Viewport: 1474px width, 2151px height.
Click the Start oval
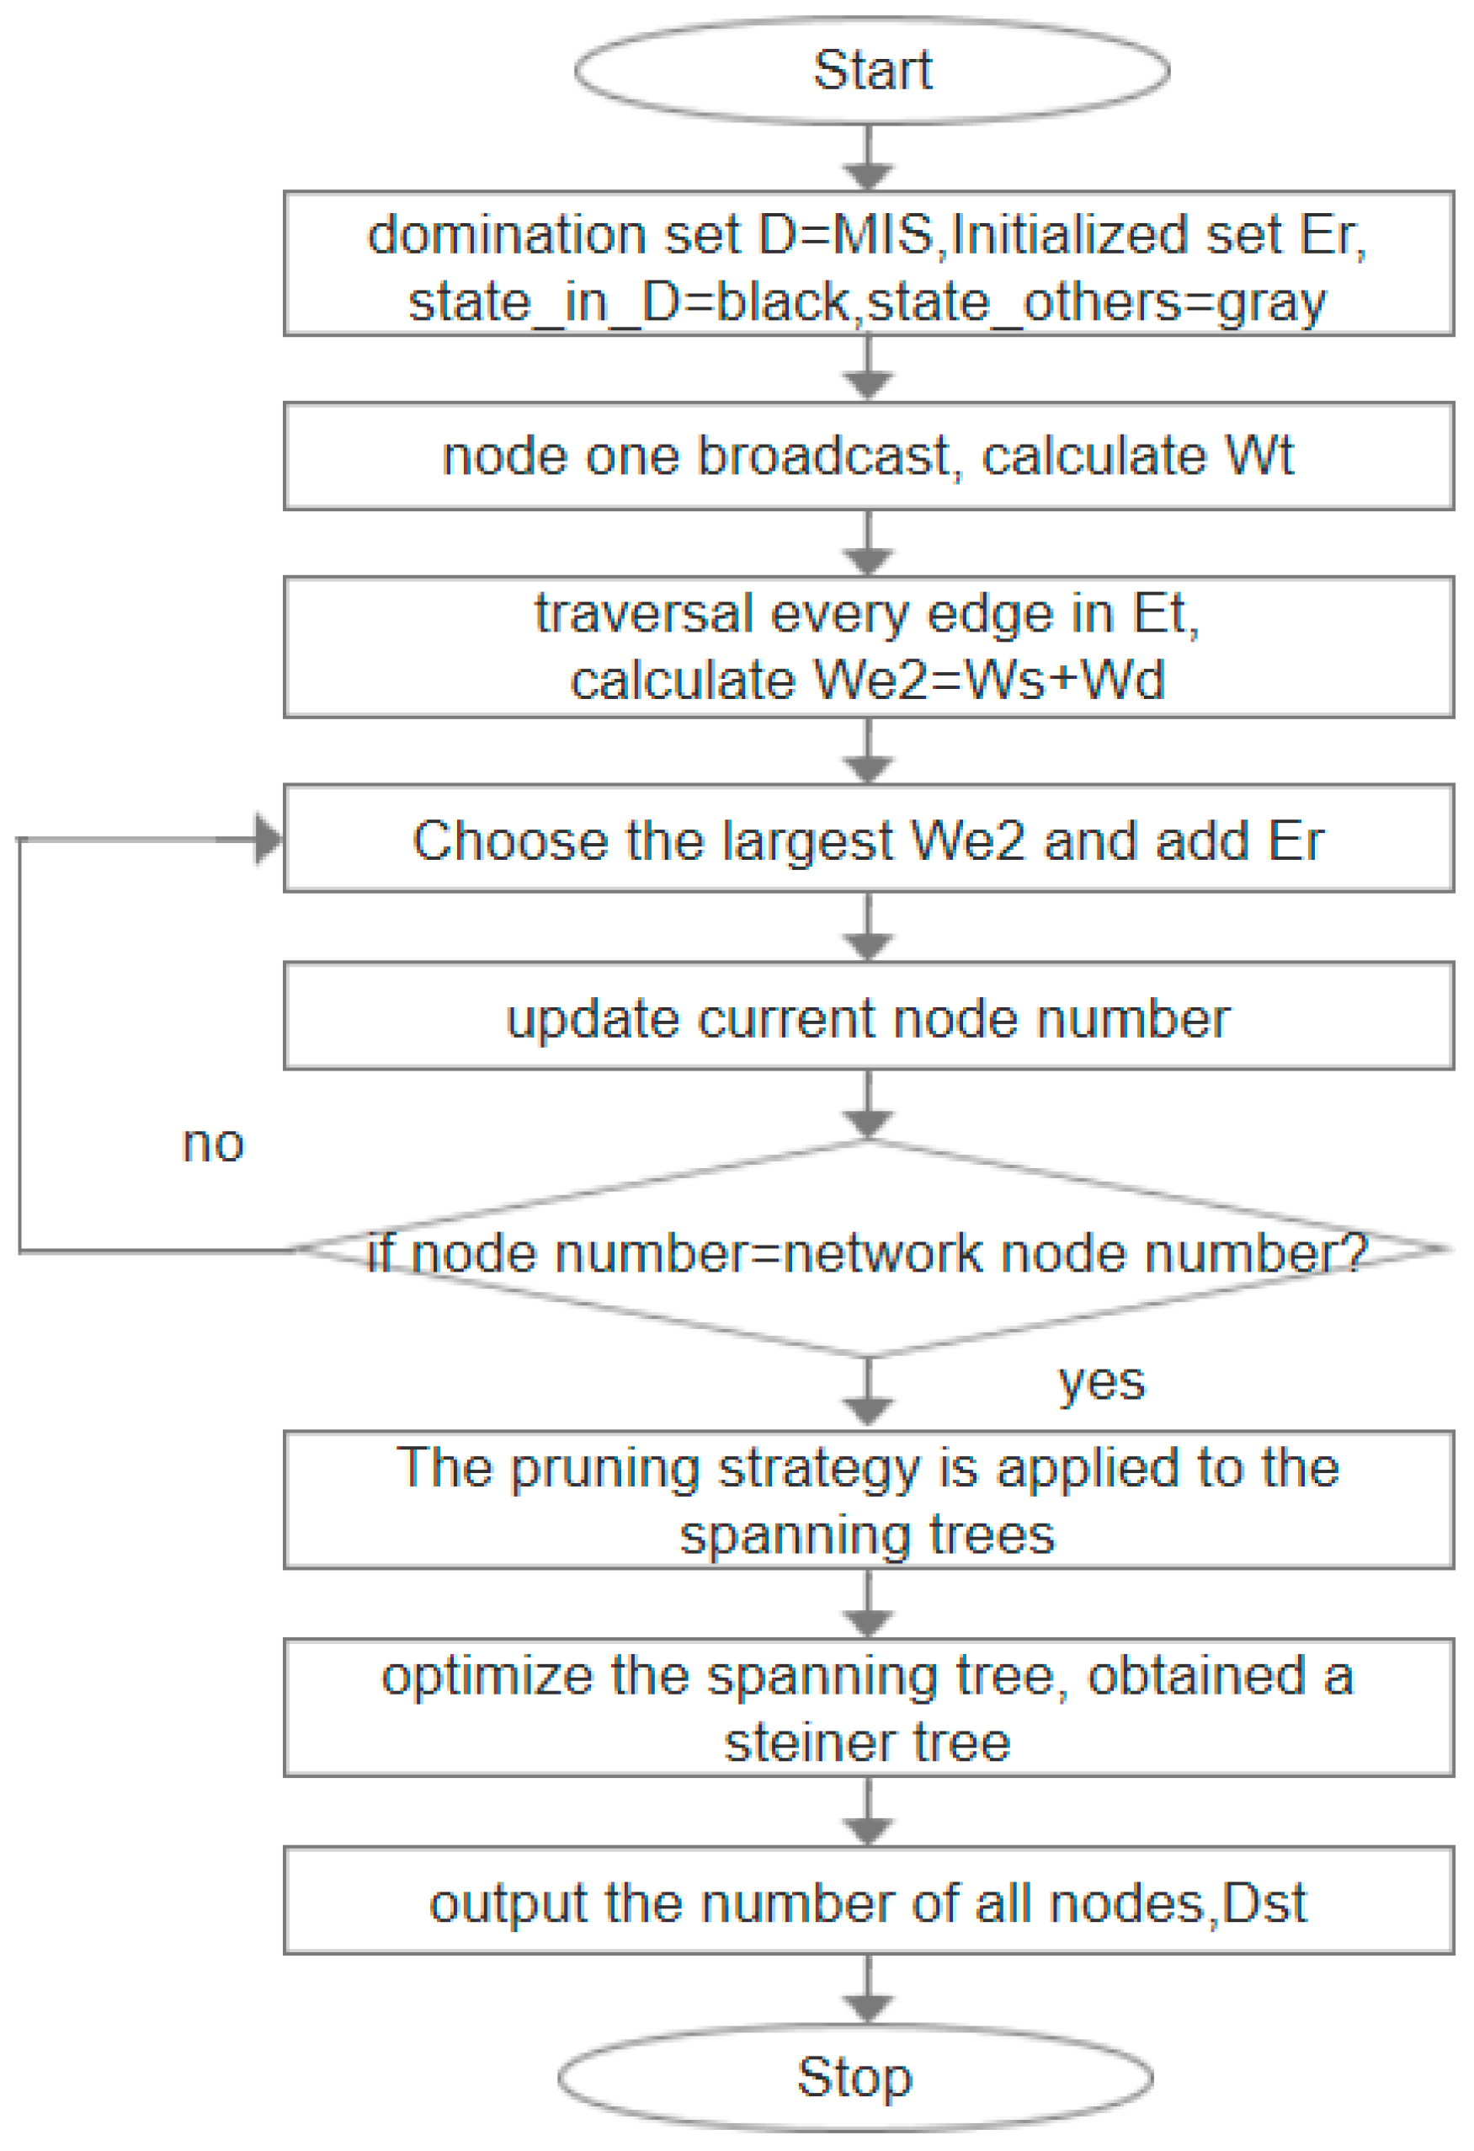(x=870, y=71)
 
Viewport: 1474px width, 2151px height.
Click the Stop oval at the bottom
(x=854, y=2077)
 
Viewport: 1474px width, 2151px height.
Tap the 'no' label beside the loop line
(x=213, y=1144)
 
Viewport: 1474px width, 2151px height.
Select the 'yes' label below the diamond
(x=1101, y=1383)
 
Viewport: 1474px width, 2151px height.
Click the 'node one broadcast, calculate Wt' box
(x=868, y=456)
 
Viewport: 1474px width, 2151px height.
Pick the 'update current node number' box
(x=868, y=1017)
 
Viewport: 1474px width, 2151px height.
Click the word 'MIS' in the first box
(x=883, y=235)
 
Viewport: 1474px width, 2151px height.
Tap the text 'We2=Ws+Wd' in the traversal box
(x=987, y=681)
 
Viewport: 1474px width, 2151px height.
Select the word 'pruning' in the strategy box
(x=604, y=1468)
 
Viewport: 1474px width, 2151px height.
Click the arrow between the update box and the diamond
(x=867, y=1107)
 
